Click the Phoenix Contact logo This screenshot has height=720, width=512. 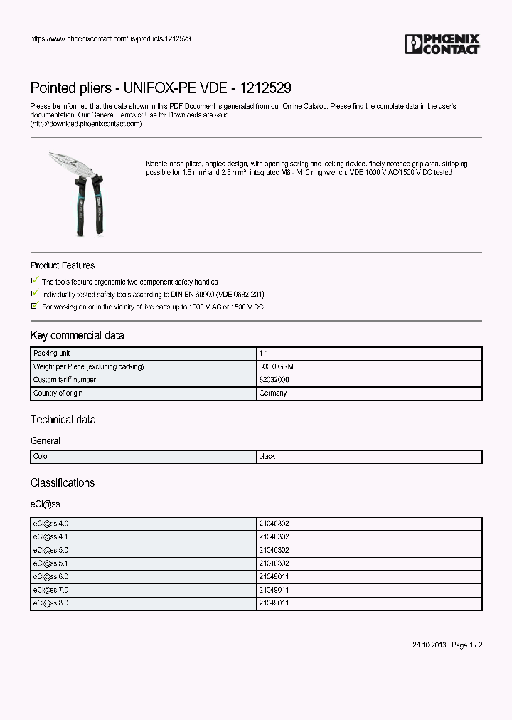point(442,44)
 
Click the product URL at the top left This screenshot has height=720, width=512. point(110,38)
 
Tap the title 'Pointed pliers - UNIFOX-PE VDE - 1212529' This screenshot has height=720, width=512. point(161,88)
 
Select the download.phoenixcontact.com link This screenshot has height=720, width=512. point(86,124)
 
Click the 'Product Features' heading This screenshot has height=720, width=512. point(63,265)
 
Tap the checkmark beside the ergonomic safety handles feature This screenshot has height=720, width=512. point(36,281)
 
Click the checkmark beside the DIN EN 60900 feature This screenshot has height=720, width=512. point(36,293)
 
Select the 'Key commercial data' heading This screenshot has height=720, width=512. point(77,335)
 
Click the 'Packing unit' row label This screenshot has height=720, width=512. point(52,354)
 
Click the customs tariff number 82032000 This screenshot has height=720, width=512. point(273,380)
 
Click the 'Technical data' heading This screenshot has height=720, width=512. point(63,420)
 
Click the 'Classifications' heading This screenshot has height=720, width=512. point(63,482)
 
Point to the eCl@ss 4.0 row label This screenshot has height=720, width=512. point(50,524)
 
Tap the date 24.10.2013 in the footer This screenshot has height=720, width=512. point(430,645)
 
